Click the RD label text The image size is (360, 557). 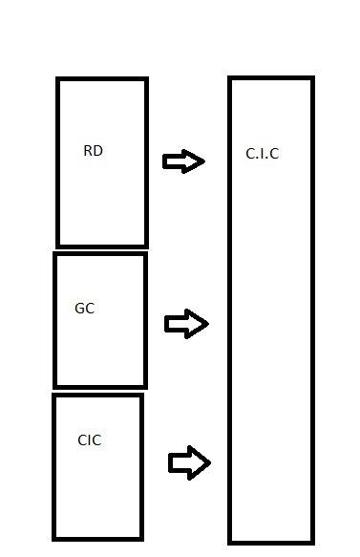point(93,151)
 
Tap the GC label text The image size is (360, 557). point(84,309)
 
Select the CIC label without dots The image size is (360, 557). point(89,440)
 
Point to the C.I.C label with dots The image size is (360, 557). point(262,154)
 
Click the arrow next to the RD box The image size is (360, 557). point(183,161)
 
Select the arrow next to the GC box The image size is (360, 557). point(186,324)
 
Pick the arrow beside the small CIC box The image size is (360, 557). point(190,462)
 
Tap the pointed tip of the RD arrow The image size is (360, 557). point(204,161)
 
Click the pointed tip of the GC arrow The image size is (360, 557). point(208,324)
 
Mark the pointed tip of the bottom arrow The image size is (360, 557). point(210,462)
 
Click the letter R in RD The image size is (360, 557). point(88,151)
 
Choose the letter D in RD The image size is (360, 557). point(98,151)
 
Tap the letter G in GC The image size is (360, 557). point(79,309)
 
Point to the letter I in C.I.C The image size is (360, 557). point(262,154)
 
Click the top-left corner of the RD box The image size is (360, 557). point(57,78)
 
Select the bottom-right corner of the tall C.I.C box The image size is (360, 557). point(313,543)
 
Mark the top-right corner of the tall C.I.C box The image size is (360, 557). point(313,77)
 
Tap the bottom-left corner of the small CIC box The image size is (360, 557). point(54,539)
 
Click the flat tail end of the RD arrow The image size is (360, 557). point(164,161)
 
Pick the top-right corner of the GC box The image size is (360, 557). point(145,253)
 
